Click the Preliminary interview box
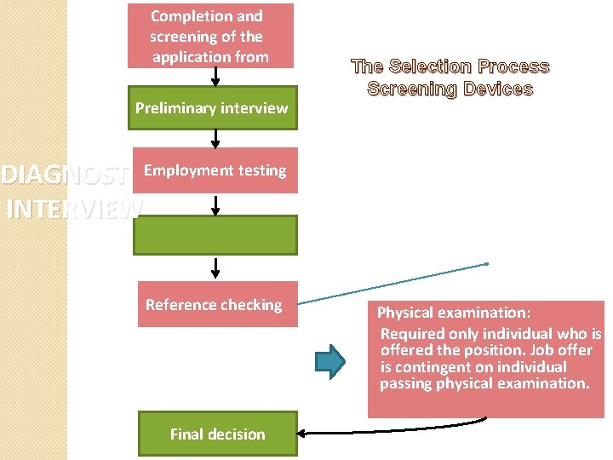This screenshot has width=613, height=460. click(x=212, y=108)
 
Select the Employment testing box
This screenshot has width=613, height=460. click(x=215, y=170)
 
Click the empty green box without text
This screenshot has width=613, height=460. click(x=215, y=235)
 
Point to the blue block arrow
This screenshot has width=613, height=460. click(x=330, y=361)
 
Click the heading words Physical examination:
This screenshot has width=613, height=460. click(x=454, y=313)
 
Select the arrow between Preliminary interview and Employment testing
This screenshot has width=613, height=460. click(x=215, y=139)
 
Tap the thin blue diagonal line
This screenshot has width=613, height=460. click(x=392, y=283)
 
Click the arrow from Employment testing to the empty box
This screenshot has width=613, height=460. click(x=215, y=204)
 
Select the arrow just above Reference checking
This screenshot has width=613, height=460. click(x=215, y=267)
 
